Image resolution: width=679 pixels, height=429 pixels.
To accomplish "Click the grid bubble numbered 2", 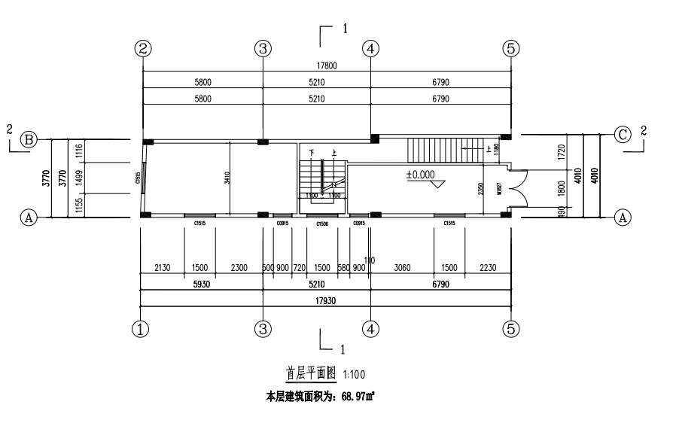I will [x=143, y=48].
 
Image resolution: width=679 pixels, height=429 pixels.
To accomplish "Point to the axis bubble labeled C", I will [x=623, y=135].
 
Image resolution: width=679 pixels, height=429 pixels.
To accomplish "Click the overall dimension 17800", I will [x=326, y=65].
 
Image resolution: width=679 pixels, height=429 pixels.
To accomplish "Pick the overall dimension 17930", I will [x=326, y=300].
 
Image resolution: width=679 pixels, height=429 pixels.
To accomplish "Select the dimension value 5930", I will [x=200, y=285].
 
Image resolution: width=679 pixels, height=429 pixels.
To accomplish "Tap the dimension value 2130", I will [x=163, y=268].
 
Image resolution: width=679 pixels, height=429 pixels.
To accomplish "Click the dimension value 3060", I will [x=400, y=268].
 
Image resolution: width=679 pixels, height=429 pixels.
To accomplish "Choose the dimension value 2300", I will [x=239, y=268].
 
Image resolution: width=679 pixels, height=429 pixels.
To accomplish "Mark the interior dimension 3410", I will [x=226, y=178].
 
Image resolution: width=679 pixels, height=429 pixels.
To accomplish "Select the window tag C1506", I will [x=321, y=224].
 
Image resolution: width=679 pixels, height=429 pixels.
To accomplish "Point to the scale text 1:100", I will [x=355, y=373].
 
